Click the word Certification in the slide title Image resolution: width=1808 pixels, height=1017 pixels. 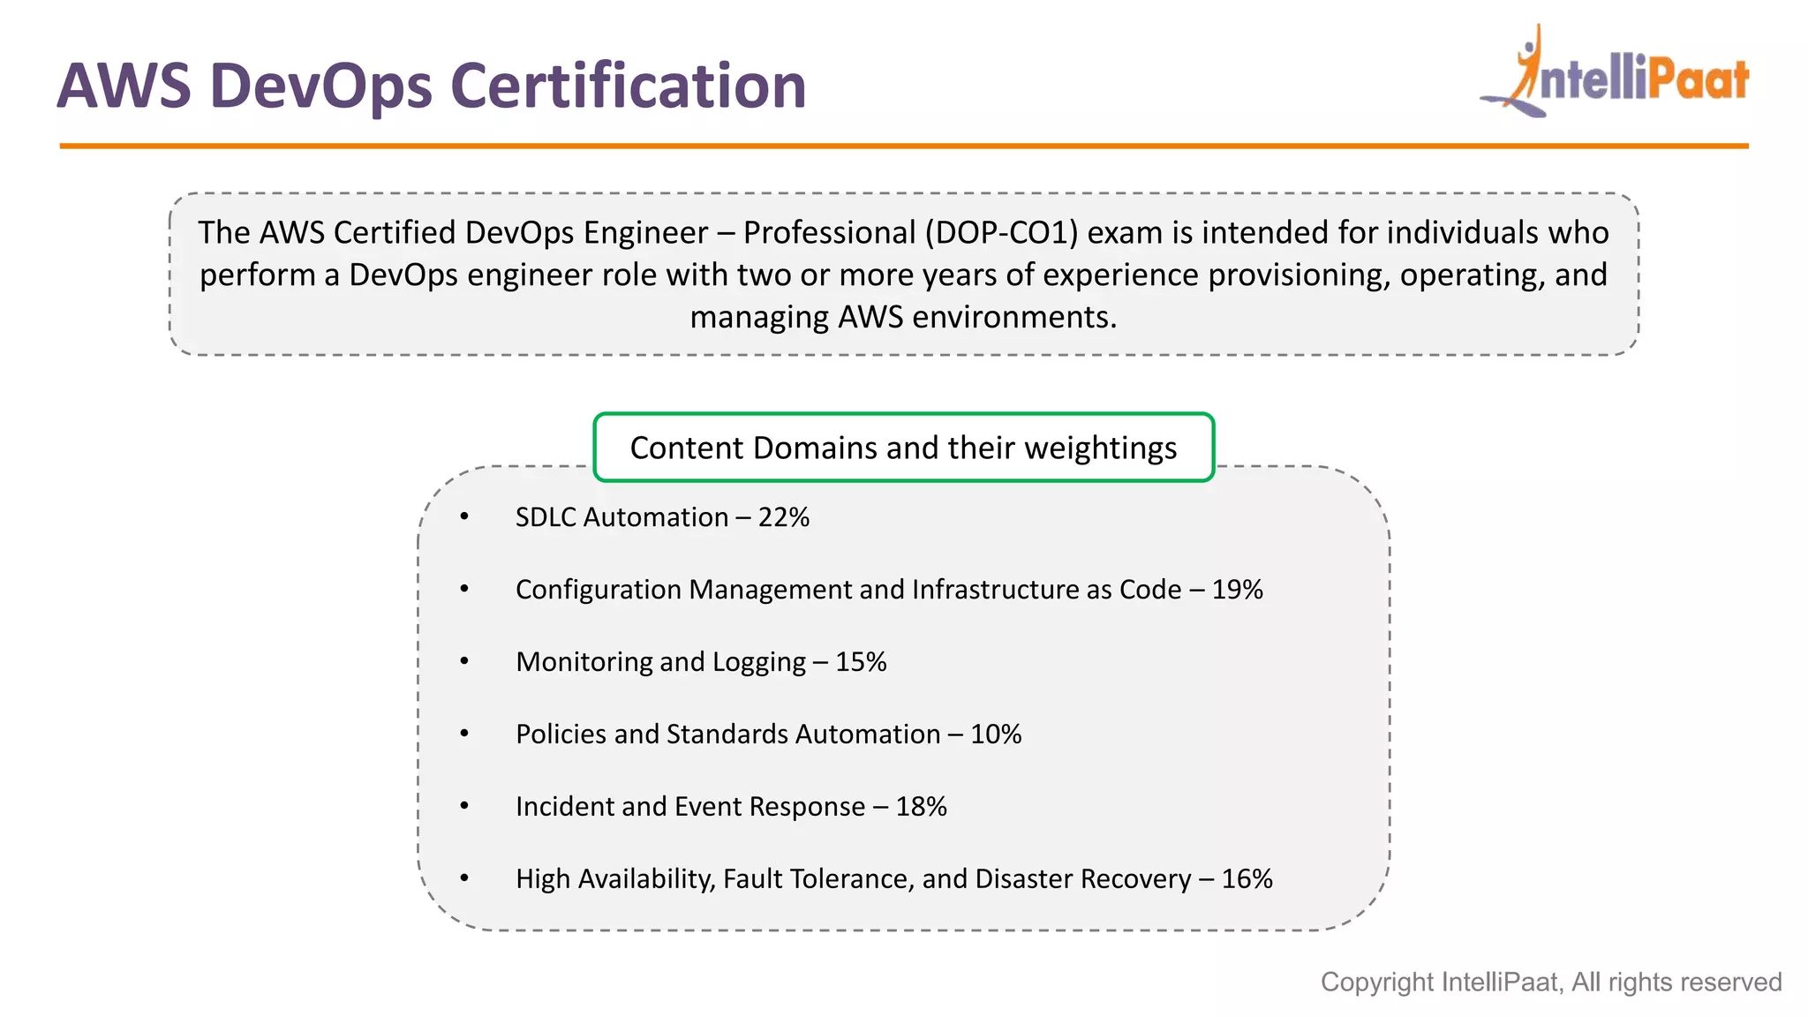pos(628,86)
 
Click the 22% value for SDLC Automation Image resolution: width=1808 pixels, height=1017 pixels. pos(783,517)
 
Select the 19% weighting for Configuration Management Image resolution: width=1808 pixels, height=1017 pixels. pos(1237,590)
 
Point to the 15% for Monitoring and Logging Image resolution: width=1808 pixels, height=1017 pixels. pos(861,662)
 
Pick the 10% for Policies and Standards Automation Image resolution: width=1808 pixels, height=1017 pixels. pos(996,734)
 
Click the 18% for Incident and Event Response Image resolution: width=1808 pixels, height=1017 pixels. pos(921,807)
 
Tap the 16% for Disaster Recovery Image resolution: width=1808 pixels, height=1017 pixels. pos(1247,879)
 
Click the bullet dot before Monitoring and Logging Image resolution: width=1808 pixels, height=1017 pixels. pos(464,662)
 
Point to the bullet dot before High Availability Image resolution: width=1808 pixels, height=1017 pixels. pos(464,879)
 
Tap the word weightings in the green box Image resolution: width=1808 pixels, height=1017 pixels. pos(1100,448)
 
